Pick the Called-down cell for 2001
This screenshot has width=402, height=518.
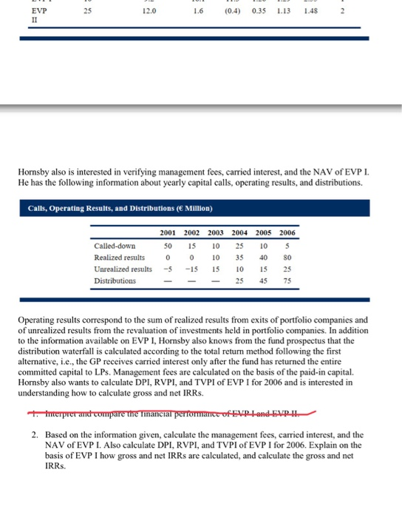coord(168,245)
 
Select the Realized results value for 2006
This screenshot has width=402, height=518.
coord(287,257)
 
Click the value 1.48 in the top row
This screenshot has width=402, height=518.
coord(303,12)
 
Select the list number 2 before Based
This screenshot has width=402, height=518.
coord(35,434)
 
